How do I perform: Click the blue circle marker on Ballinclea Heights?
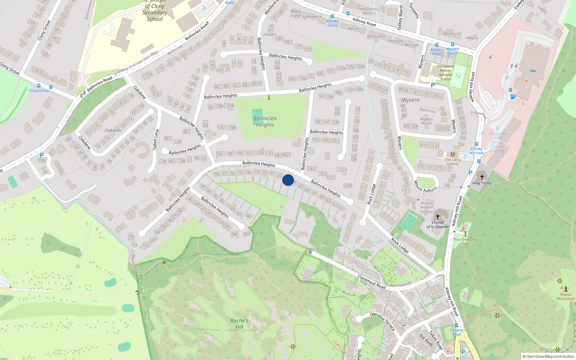[x=288, y=180]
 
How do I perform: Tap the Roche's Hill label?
[x=239, y=324]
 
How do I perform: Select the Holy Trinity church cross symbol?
[x=482, y=177]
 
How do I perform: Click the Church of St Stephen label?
[x=438, y=225]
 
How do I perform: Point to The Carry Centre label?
[x=453, y=162]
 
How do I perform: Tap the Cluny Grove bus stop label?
[x=39, y=90]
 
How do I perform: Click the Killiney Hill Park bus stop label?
[x=477, y=151]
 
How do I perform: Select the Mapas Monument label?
[x=566, y=296]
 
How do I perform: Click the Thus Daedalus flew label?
[x=465, y=241]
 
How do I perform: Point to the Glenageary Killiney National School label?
[x=445, y=73]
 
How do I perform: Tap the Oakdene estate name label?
[x=113, y=130]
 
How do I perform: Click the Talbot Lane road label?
[x=156, y=140]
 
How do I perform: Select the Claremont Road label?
[x=372, y=282]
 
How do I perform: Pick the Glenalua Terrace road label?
[x=382, y=321]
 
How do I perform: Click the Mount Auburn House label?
[x=427, y=207]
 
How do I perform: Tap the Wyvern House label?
[x=427, y=121]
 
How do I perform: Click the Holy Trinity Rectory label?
[x=369, y=11]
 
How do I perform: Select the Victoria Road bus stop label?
[x=456, y=332]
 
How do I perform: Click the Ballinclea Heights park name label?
[x=265, y=122]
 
